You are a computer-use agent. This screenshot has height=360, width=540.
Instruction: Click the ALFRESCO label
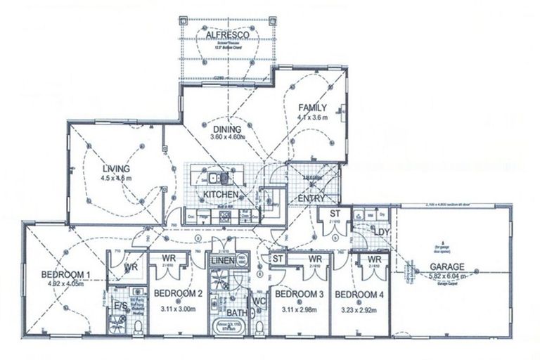tap(224, 34)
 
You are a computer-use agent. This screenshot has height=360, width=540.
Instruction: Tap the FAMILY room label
tap(312, 108)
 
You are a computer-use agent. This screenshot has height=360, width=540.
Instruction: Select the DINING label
tap(227, 129)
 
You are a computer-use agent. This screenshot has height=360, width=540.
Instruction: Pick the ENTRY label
tap(311, 199)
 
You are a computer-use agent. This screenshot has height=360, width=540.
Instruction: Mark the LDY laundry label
tap(380, 232)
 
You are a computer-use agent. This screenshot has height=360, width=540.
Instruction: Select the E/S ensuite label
tap(121, 306)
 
